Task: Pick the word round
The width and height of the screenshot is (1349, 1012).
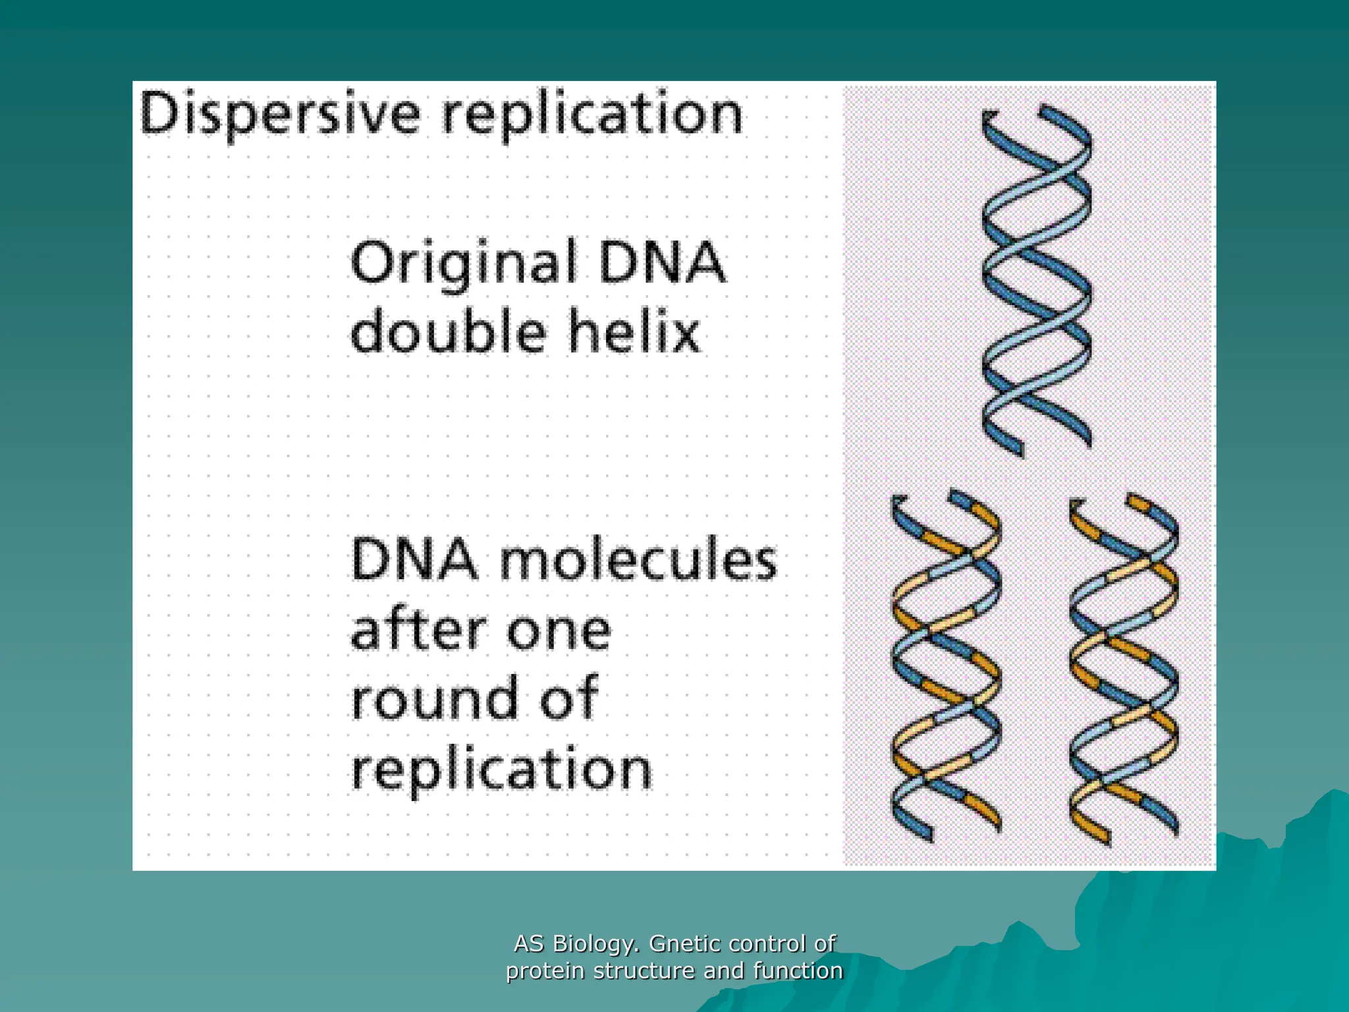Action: pos(431,698)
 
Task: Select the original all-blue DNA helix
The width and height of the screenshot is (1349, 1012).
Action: pos(1035,280)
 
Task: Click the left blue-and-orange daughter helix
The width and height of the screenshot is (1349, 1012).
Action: pos(945,665)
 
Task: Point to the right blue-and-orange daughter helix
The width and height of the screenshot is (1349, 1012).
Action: pos(1123,669)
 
